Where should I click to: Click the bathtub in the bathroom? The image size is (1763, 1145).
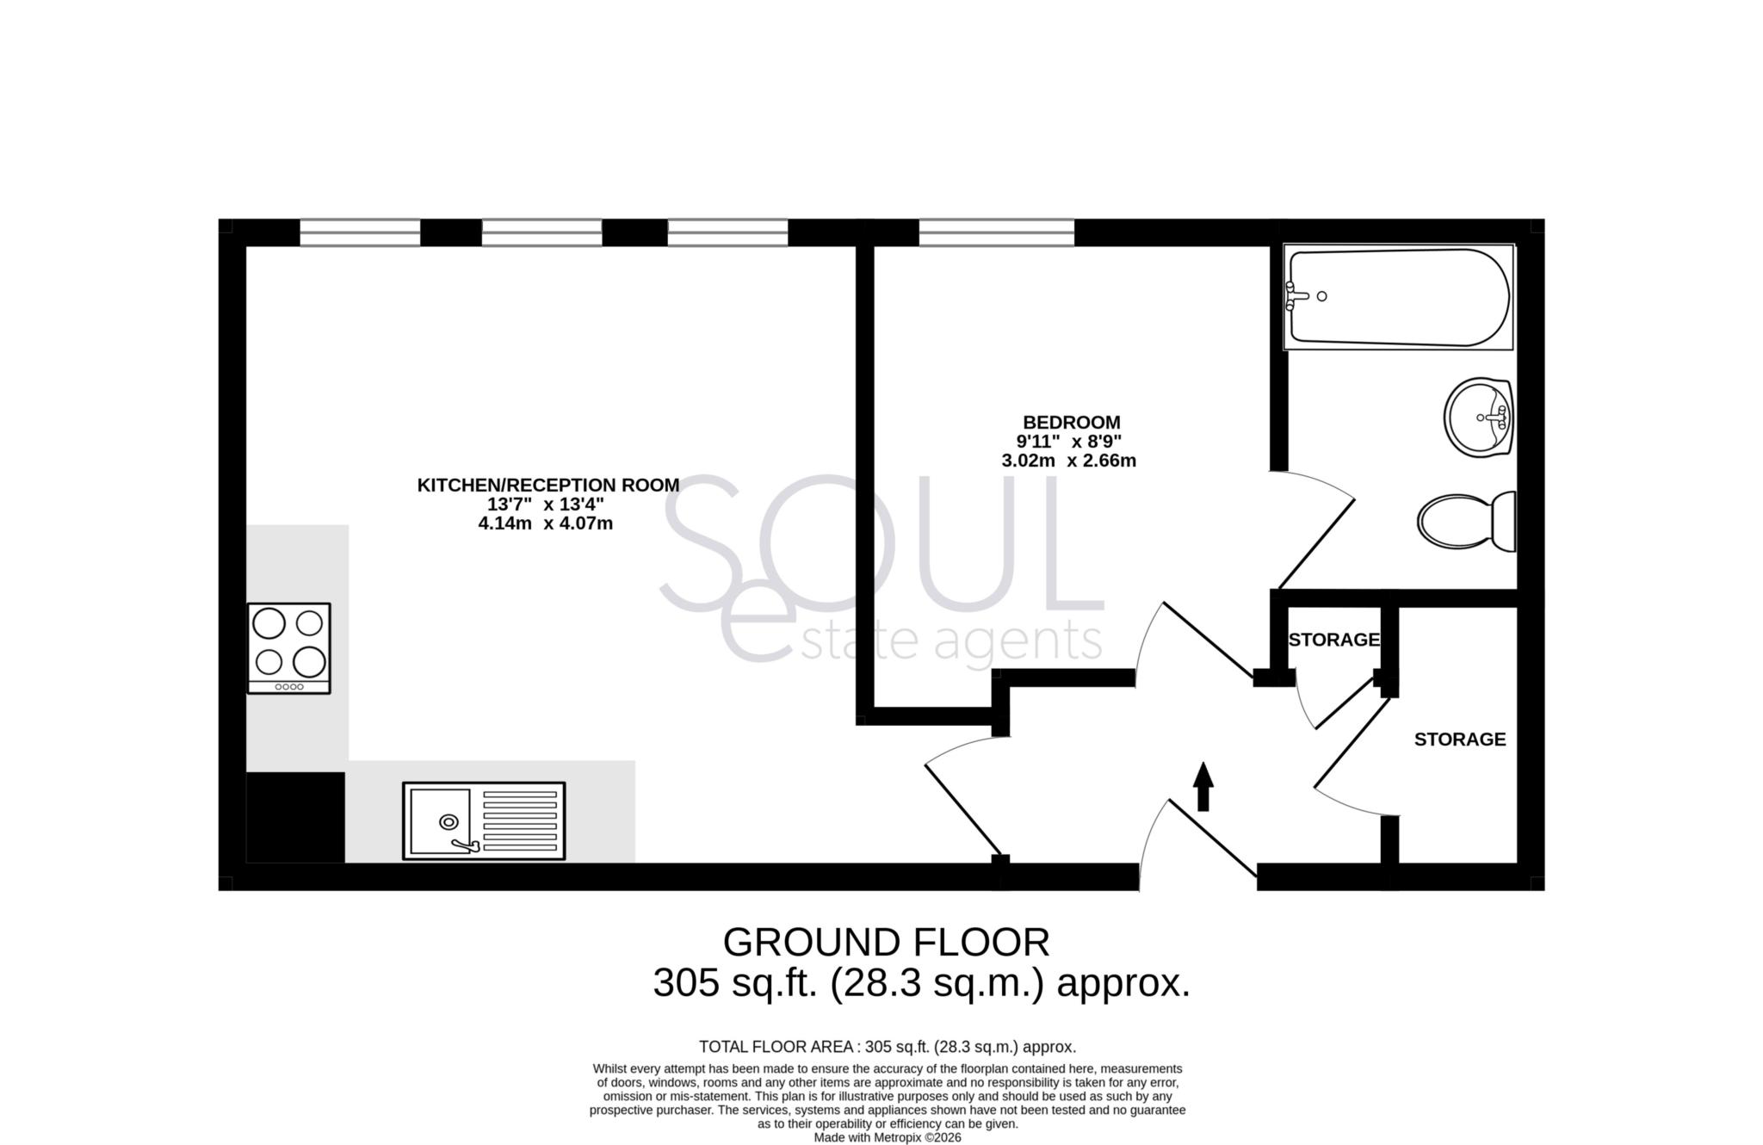coord(1398,297)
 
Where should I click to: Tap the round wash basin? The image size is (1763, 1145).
coord(1478,418)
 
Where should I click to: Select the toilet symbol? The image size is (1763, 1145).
coord(1465,521)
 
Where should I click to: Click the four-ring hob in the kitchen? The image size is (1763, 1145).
coord(289,647)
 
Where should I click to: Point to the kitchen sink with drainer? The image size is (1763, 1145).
coord(484,820)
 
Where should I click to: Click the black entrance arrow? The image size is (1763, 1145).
coord(1203,785)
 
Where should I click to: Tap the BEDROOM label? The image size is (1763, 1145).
coord(1071,423)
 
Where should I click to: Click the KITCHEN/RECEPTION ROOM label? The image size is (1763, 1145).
coord(548,486)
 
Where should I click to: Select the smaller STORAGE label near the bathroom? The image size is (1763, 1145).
coord(1333,640)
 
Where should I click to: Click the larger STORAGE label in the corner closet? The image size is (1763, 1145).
coord(1460,740)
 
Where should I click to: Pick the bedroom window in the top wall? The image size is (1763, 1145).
coord(996,232)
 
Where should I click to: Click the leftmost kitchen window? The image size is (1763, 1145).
coord(360,232)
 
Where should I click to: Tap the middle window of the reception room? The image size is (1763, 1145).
coord(541,232)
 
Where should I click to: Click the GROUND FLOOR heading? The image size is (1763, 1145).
coord(886,943)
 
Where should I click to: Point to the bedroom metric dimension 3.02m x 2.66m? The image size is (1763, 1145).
coord(1068,461)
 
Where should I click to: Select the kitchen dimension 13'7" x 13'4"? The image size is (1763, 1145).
coord(546,504)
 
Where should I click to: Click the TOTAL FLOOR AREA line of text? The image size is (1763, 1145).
coord(888,1047)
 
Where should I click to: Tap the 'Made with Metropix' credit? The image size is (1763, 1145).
coord(888,1137)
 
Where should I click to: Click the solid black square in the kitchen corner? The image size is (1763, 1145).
coord(295,817)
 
